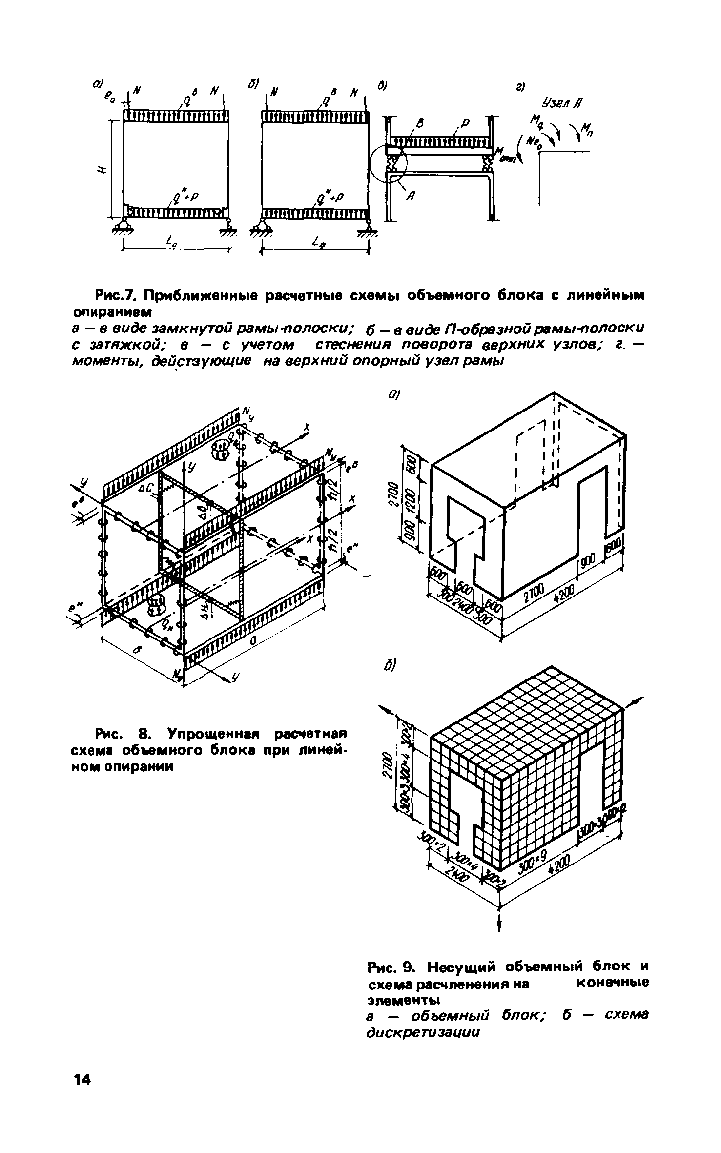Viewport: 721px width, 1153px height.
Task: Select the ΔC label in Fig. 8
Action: click(x=147, y=488)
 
